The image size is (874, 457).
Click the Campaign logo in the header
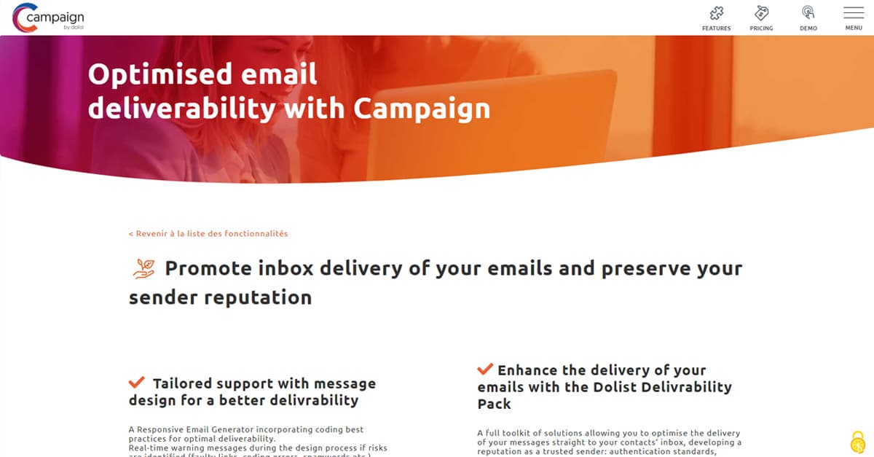47,17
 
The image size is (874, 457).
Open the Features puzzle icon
716,13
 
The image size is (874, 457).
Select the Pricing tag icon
761,13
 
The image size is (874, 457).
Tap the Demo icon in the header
808,13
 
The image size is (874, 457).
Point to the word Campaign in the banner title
422,109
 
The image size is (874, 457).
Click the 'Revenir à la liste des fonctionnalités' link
208,234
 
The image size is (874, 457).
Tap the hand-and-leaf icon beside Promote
143,268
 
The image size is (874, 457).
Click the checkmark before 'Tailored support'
136,382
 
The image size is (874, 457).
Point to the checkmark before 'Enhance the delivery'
485,370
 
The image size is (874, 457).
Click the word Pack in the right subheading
495,404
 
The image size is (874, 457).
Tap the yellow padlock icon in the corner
857,442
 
